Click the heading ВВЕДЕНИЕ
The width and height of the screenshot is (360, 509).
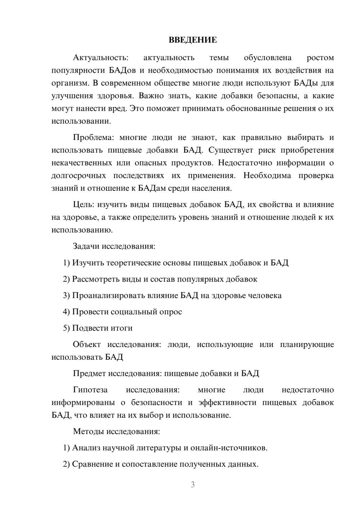[x=193, y=40]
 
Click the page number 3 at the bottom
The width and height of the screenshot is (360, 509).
[x=193, y=485]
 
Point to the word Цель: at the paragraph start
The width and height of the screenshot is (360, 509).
[x=84, y=204]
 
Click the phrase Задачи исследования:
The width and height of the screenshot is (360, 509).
[x=114, y=246]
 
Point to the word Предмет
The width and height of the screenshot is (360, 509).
[x=89, y=373]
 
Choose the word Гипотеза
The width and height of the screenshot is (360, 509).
[x=90, y=390]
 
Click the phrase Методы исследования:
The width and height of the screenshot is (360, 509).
[x=116, y=431]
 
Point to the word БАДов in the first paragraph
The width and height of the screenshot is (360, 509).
[x=122, y=70]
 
